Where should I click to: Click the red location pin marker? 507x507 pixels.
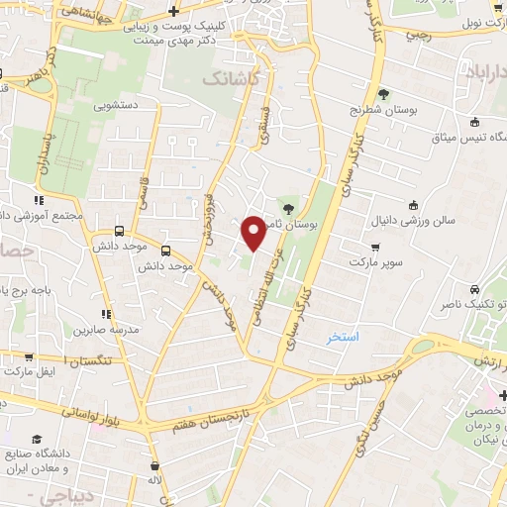click(253, 233)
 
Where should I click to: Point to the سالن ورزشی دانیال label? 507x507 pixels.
click(414, 220)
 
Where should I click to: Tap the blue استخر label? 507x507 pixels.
click(343, 337)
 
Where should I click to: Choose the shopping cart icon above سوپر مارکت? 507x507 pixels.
click(374, 248)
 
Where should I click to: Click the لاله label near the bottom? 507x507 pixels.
click(154, 481)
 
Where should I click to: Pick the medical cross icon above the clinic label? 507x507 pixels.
click(173, 11)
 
